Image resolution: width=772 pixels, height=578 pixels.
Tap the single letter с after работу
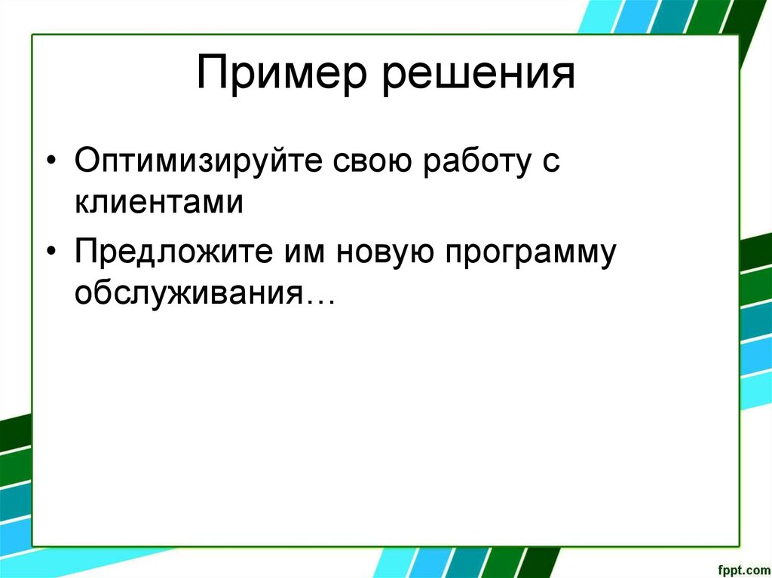pos(551,167)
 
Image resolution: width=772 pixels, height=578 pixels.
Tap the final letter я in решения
pos(564,78)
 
